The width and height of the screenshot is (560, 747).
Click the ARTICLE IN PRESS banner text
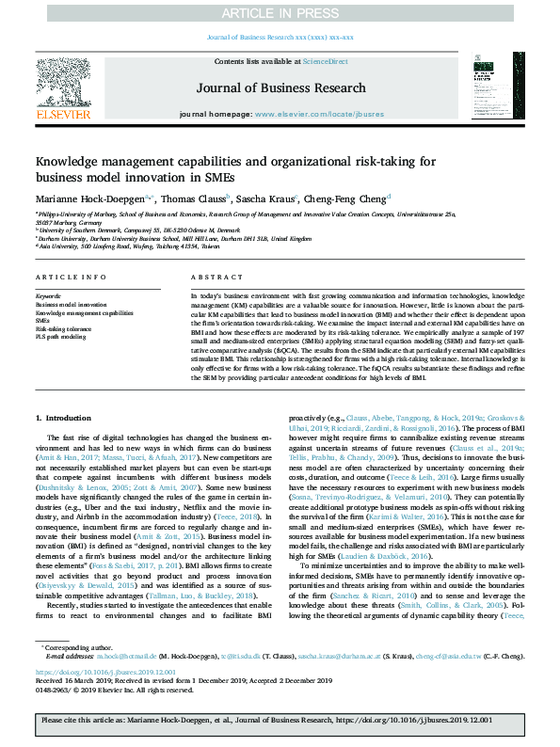(280, 12)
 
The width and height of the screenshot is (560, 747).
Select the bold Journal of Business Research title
(280, 87)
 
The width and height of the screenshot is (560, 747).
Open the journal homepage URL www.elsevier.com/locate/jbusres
(319, 114)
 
